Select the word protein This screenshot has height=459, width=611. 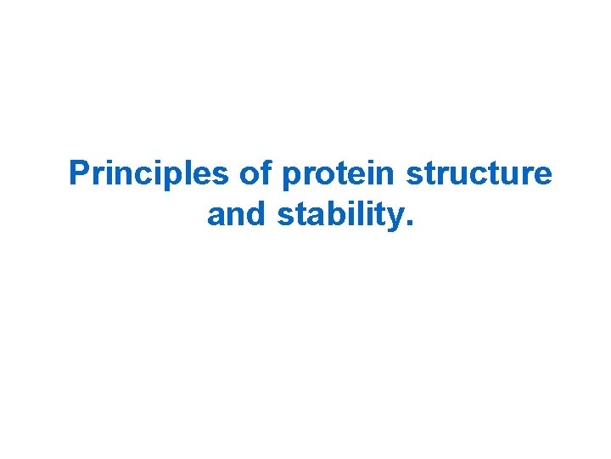(340, 175)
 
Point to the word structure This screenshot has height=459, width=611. (479, 173)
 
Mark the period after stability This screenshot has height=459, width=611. (411, 224)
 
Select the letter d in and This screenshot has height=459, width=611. (258, 214)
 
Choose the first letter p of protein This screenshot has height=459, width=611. (291, 178)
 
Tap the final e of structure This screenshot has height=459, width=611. (543, 176)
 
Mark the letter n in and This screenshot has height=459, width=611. (238, 217)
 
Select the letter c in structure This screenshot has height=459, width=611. (479, 176)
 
